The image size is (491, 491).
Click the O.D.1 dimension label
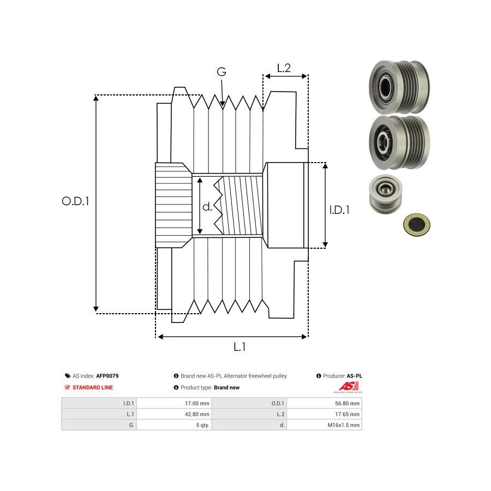point(75,201)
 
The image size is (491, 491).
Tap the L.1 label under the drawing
point(239,346)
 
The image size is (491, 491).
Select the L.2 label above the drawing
point(284,68)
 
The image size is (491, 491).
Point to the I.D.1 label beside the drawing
point(340,209)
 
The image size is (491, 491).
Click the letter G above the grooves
point(221,72)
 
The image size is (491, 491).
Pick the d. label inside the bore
point(207,207)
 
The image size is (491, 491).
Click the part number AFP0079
point(107,376)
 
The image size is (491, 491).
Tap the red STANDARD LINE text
point(93,387)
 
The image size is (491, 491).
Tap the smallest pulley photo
point(386,194)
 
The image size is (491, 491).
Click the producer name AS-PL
point(355,376)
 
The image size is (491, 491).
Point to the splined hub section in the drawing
point(173,205)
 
